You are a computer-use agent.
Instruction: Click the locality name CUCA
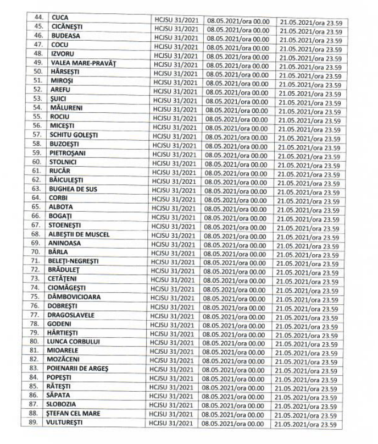click(x=59, y=18)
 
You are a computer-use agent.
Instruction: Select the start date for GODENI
click(x=236, y=324)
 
